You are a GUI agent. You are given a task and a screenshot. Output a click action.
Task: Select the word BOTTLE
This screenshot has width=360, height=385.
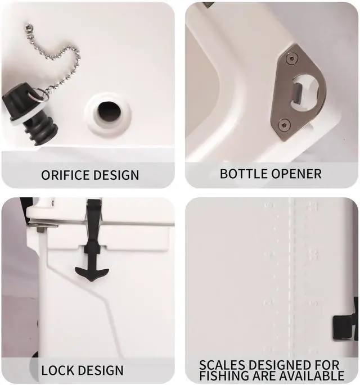[x=241, y=174]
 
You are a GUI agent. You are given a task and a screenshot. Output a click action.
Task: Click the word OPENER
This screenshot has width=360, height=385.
[x=295, y=174]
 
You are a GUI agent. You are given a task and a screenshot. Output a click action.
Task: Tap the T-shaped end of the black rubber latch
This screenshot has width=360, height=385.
[x=91, y=273]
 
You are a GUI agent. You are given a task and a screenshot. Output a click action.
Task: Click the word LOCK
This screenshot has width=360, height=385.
[x=58, y=370]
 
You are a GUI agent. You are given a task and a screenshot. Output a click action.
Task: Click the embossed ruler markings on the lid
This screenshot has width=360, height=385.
[x=291, y=259]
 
